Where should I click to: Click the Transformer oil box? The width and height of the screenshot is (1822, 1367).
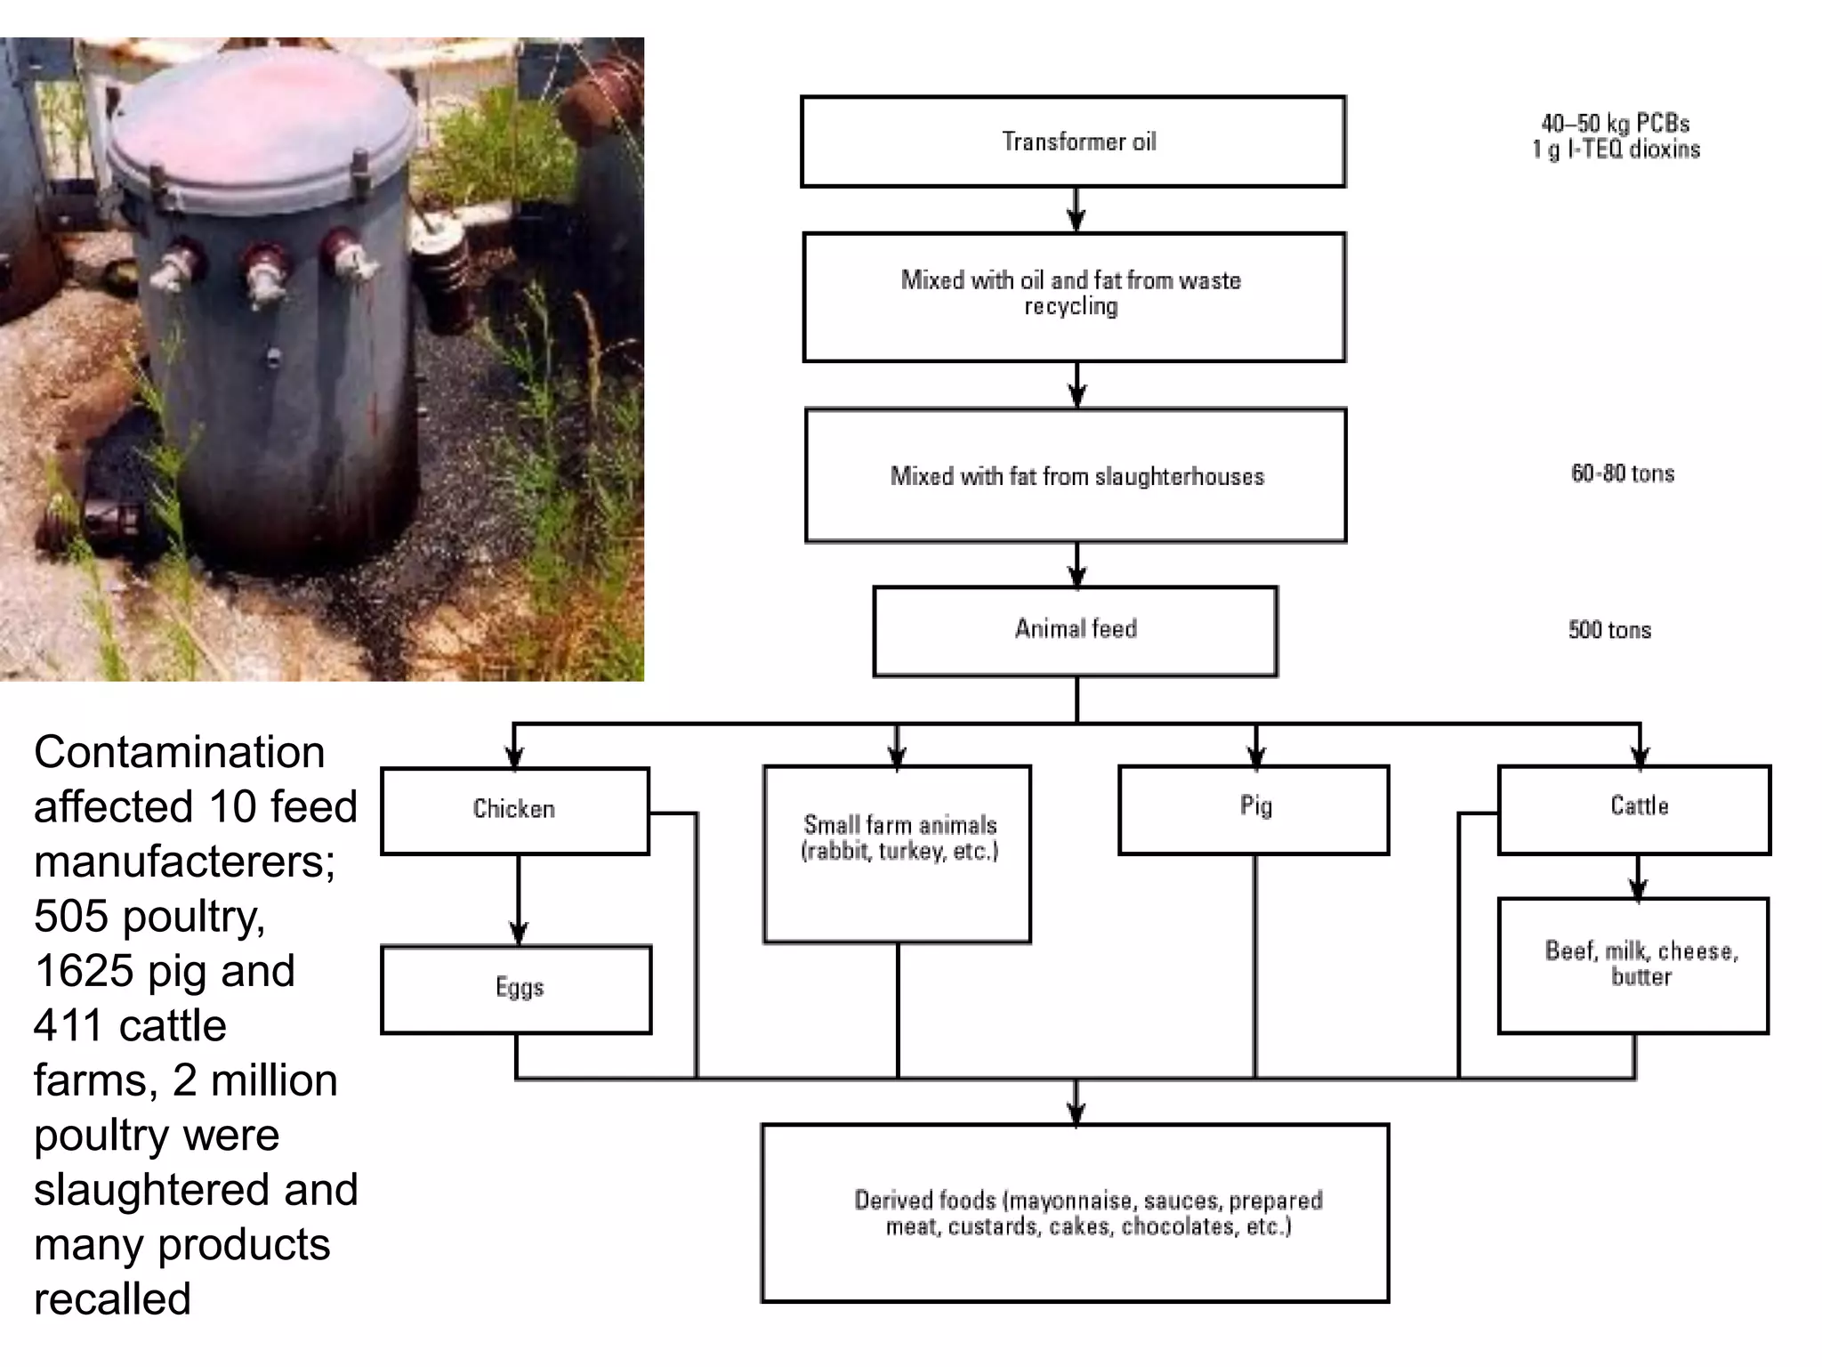(1073, 142)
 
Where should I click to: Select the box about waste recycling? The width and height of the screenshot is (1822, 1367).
(1073, 296)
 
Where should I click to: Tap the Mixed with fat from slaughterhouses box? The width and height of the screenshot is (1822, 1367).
(1075, 475)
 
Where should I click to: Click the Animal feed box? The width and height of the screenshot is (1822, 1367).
(1075, 630)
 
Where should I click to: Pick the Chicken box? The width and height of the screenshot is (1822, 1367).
(514, 810)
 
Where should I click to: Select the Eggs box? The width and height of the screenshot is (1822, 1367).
(516, 989)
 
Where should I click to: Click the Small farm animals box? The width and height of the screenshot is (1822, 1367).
(897, 853)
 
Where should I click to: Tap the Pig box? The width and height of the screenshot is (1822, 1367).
(1253, 808)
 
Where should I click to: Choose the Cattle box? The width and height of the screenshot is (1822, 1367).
(1633, 808)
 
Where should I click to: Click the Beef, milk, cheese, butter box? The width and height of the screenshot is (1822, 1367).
(1633, 965)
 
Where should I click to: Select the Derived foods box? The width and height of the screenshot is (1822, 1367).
(1075, 1212)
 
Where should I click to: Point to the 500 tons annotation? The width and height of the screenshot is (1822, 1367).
(1608, 630)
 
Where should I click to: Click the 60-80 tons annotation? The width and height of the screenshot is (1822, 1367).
(1622, 473)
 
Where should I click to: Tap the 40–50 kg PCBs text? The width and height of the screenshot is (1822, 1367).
(1614, 124)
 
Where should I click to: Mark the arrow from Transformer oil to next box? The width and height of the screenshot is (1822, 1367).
(1076, 210)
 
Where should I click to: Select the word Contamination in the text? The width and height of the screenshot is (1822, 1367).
(179, 752)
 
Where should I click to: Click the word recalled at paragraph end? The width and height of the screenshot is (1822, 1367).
(112, 1298)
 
